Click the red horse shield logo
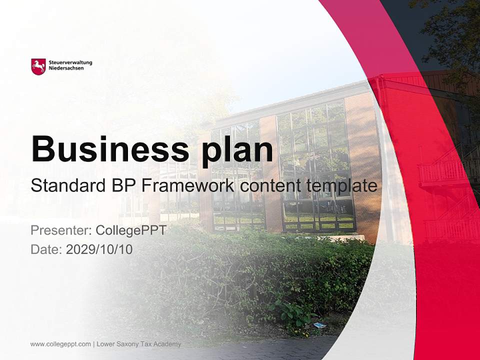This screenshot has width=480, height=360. tap(38, 66)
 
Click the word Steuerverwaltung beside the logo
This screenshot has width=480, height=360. tap(70, 62)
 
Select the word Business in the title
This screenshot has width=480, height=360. tap(109, 149)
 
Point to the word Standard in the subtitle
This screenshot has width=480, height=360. tap(66, 186)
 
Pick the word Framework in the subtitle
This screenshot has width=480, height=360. tap(188, 186)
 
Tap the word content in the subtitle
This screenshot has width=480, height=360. tap(270, 186)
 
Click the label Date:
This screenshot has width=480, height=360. tap(46, 249)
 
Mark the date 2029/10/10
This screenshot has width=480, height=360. tap(99, 249)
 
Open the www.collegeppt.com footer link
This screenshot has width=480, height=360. tap(60, 344)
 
